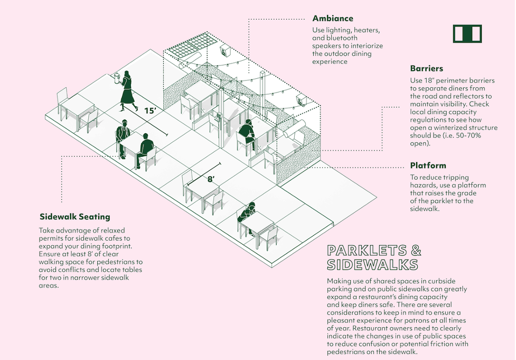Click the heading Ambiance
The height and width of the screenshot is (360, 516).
pos(333,19)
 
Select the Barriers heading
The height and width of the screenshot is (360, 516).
pos(427,69)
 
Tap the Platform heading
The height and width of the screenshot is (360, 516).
pos(428,165)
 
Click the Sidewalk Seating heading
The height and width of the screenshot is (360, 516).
pos(74,217)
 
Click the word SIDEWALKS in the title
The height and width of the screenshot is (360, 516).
pos(372,264)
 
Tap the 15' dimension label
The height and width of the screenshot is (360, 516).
pos(150,110)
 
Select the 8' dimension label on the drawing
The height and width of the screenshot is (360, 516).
pos(211,180)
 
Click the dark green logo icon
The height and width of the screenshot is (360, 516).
pos(467,34)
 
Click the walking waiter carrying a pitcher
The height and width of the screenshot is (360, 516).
pos(128,90)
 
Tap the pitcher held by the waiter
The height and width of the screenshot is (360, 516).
pos(117,78)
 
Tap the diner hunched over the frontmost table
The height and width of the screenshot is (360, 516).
pos(247,214)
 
